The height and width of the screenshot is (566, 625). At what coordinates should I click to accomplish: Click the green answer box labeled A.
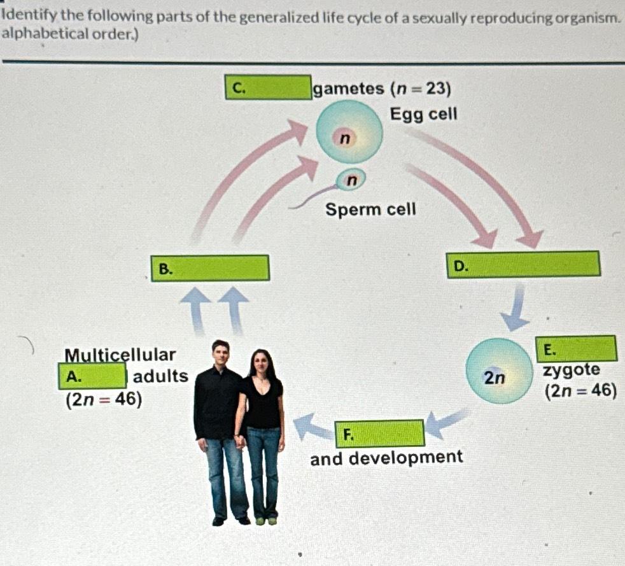93,376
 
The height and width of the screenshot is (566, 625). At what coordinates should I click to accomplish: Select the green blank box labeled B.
210,268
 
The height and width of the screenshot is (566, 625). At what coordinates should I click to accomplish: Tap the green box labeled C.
268,88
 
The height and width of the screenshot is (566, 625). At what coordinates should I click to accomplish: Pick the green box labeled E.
576,349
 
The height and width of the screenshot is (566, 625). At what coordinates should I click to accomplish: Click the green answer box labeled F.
379,434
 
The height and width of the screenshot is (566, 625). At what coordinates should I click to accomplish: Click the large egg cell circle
349,133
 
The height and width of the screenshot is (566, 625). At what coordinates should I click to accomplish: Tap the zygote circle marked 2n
497,371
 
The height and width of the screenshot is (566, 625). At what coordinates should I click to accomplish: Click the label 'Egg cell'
423,115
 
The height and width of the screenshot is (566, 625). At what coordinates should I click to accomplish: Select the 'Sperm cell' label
370,209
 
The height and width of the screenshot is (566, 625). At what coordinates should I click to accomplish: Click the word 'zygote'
571,371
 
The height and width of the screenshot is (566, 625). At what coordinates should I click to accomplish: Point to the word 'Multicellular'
120,354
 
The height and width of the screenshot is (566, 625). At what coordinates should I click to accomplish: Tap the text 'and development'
386,458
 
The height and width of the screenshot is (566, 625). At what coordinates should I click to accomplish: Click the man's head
220,354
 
